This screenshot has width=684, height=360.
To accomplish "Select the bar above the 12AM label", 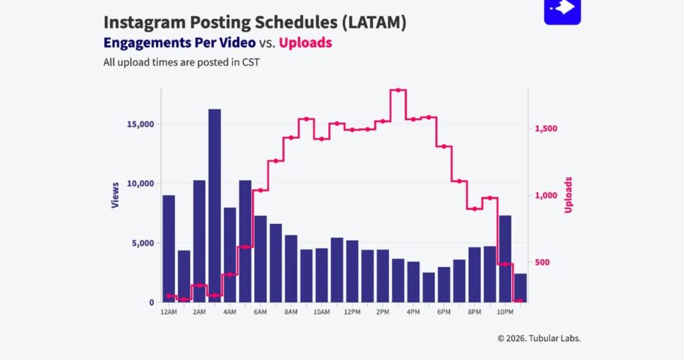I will pyautogui.click(x=168, y=248).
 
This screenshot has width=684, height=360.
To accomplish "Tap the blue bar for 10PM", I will pyautogui.click(x=505, y=258).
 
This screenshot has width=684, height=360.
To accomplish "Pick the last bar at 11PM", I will pyautogui.click(x=521, y=288).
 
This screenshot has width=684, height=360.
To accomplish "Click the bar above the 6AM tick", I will pyautogui.click(x=261, y=258).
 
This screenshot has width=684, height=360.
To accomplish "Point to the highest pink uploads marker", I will pyautogui.click(x=398, y=90).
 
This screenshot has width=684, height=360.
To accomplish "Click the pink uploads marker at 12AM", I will pyautogui.click(x=168, y=296).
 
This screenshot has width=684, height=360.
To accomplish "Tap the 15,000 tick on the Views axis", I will pyautogui.click(x=140, y=124).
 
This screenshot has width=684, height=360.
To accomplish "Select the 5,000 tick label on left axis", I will pyautogui.click(x=143, y=243).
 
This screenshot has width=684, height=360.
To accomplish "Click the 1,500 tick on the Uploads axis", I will pyautogui.click(x=546, y=129).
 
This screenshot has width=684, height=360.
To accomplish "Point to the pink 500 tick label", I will pyautogui.click(x=543, y=263).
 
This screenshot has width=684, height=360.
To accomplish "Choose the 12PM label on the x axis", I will pyautogui.click(x=352, y=312).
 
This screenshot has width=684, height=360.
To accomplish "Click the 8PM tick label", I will pyautogui.click(x=474, y=312).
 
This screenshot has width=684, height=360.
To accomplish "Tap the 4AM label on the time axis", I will pyautogui.click(x=230, y=312).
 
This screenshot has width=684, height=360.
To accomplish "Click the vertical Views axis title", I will pyautogui.click(x=115, y=195).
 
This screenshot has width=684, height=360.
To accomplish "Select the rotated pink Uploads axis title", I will pyautogui.click(x=568, y=195).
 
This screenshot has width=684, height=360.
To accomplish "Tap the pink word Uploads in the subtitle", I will pyautogui.click(x=305, y=42).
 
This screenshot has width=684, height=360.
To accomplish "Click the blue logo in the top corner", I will pyautogui.click(x=562, y=11).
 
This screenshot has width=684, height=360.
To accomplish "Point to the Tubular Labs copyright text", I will pyautogui.click(x=539, y=338).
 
